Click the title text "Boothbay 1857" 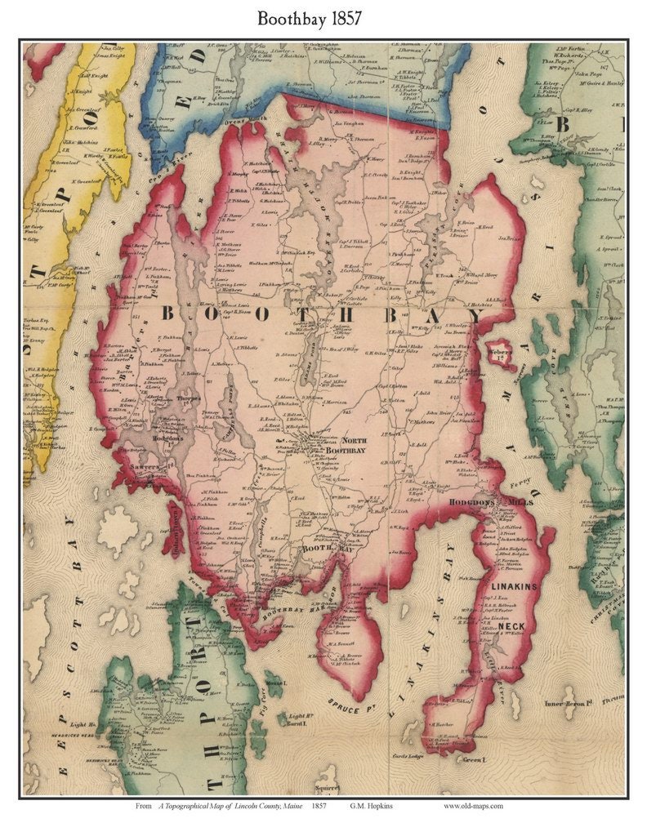(323, 18)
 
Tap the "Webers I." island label (499, 351)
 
